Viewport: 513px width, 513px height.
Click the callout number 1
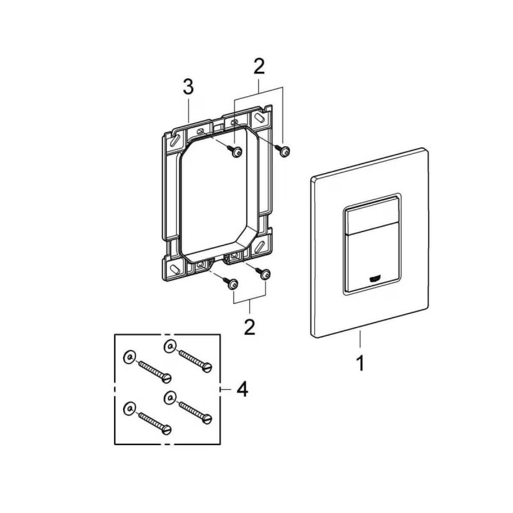pos(360,364)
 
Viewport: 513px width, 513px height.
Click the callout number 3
pos(189,87)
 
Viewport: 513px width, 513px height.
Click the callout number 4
pos(242,389)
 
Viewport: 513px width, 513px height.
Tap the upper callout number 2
pos(259,67)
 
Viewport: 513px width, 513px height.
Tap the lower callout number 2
pos(249,326)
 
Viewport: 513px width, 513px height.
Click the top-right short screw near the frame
pos(283,151)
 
